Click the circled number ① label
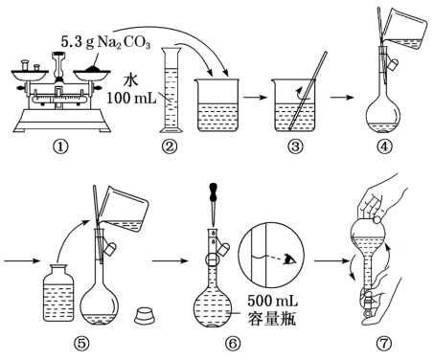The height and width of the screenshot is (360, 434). click(x=60, y=146)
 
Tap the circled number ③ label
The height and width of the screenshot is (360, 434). click(x=295, y=146)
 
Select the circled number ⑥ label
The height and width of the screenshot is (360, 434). click(x=232, y=344)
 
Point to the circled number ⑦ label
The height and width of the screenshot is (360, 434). click(x=383, y=344)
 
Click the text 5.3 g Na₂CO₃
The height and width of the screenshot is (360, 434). click(x=105, y=42)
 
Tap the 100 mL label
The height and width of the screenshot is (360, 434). click(x=131, y=98)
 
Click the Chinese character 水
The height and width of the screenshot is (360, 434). click(x=131, y=80)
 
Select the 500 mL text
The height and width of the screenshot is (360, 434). click(x=272, y=301)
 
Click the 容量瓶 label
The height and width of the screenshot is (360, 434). click(x=272, y=318)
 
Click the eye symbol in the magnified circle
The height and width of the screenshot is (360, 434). click(x=289, y=259)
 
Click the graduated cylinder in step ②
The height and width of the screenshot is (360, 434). click(x=171, y=90)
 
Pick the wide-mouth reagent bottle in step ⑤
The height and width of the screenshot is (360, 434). click(x=58, y=293)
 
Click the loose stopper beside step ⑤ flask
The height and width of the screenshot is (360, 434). click(x=146, y=315)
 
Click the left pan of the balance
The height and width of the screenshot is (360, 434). click(x=28, y=75)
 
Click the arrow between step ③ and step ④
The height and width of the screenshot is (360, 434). click(x=342, y=98)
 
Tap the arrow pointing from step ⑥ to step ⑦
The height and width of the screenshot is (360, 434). click(x=331, y=261)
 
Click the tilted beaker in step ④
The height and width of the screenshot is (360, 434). click(x=404, y=31)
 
